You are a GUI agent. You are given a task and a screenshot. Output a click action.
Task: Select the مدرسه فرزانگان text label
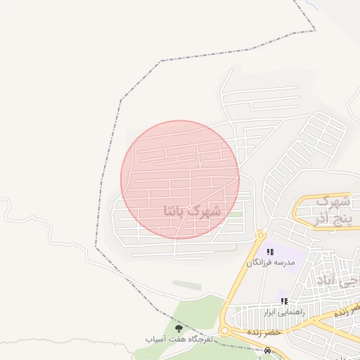coord(269,262)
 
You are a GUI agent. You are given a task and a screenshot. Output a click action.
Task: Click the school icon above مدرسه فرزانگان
coord(270,252)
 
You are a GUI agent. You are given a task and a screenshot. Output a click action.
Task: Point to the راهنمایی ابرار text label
coord(283,311)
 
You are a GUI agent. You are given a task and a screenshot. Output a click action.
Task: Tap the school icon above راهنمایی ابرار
coord(284,301)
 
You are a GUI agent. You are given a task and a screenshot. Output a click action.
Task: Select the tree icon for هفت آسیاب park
coord(177,328)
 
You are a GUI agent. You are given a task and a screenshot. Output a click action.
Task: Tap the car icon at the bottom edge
coord(267,350)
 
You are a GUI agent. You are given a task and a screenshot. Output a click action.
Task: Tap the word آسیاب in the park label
coord(156,339)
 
